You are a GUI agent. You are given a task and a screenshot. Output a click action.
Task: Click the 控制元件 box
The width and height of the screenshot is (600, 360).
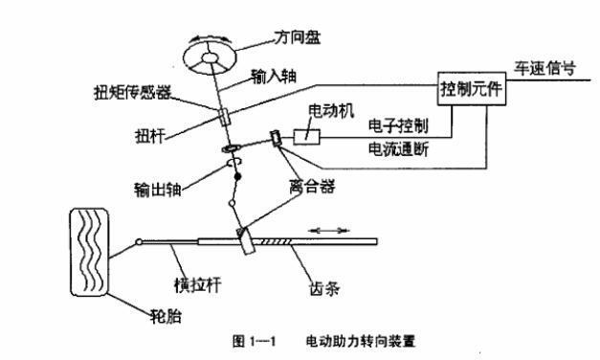click(x=471, y=91)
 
